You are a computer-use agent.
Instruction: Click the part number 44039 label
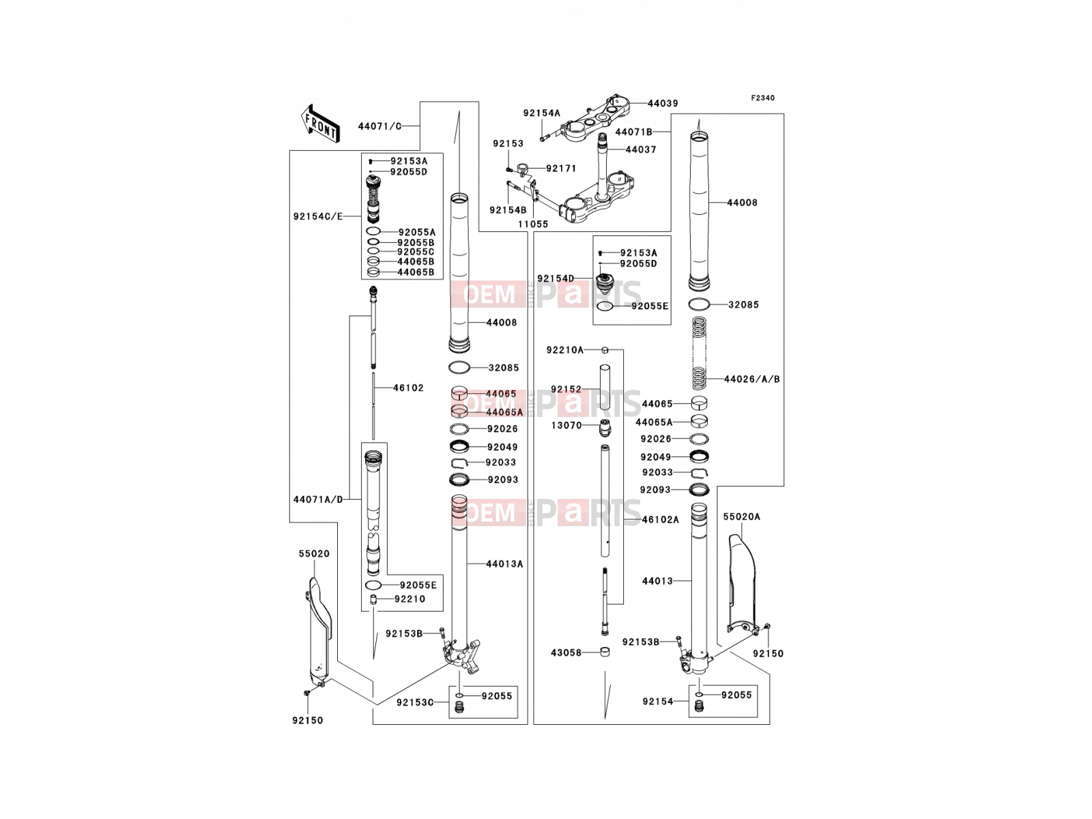(x=663, y=104)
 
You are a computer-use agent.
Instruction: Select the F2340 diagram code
(x=762, y=98)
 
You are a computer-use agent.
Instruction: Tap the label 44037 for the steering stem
(x=641, y=149)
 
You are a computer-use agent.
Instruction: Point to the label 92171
(x=561, y=169)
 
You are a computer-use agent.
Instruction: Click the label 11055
(x=533, y=225)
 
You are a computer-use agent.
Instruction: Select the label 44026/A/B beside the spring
(x=751, y=379)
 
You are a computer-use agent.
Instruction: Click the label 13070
(x=566, y=426)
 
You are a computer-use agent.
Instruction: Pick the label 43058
(x=566, y=652)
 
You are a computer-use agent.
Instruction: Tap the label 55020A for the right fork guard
(x=741, y=517)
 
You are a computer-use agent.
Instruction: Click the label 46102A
(x=660, y=519)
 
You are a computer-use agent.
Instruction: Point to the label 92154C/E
(x=318, y=216)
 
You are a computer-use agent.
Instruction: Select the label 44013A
(x=504, y=564)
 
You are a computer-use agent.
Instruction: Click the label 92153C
(x=415, y=702)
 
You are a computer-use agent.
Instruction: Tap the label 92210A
(x=564, y=350)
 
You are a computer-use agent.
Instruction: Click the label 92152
(x=566, y=389)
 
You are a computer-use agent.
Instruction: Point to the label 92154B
(x=508, y=210)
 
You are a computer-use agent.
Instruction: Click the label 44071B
(x=633, y=132)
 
